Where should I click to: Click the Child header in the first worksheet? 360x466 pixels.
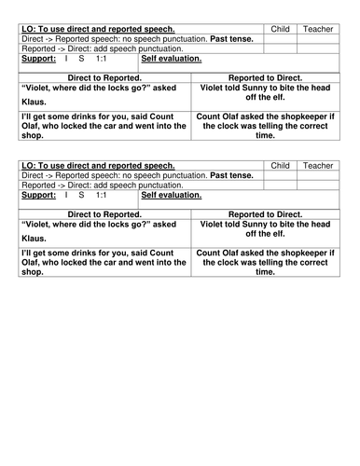click(x=280, y=30)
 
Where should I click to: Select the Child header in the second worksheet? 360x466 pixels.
click(x=280, y=164)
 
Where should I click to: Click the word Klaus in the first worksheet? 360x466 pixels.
click(x=35, y=103)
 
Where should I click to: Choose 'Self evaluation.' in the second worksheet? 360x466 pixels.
click(x=171, y=195)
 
